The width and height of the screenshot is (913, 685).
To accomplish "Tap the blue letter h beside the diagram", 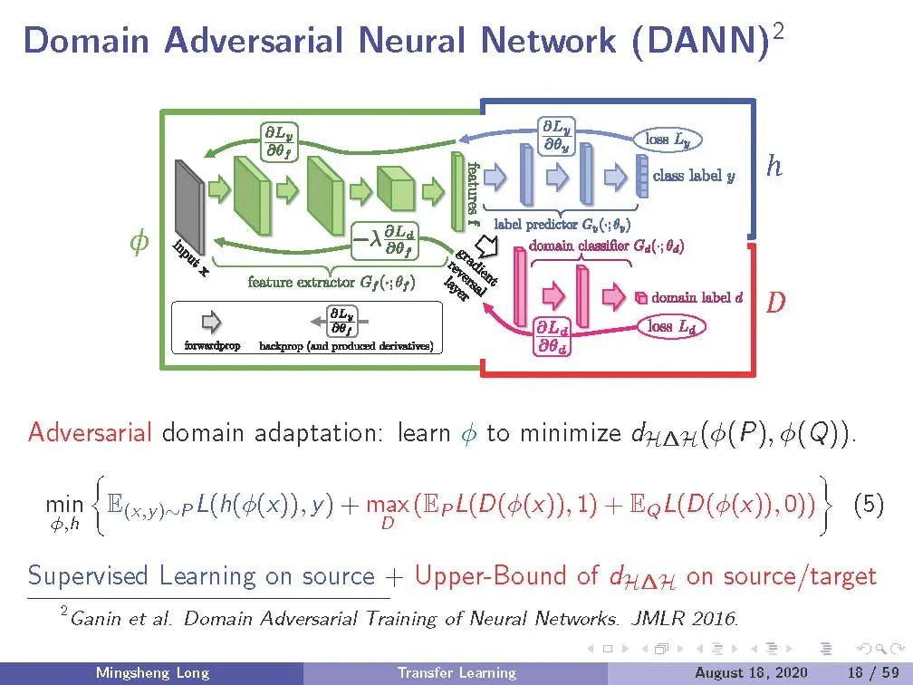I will (x=774, y=167).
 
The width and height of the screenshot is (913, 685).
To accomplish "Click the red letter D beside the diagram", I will (x=775, y=302).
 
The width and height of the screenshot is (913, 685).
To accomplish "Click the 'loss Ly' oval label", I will (x=669, y=140).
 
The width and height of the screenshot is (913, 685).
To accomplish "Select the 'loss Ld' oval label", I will (x=672, y=326).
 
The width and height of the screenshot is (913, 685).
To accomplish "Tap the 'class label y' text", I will (x=693, y=176).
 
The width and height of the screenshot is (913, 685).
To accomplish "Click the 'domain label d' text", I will (x=697, y=297).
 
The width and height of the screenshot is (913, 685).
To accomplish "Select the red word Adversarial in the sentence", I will (x=90, y=432).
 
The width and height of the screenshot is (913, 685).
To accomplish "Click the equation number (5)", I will (x=870, y=505).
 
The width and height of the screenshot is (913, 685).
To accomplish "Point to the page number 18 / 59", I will (x=870, y=673).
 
